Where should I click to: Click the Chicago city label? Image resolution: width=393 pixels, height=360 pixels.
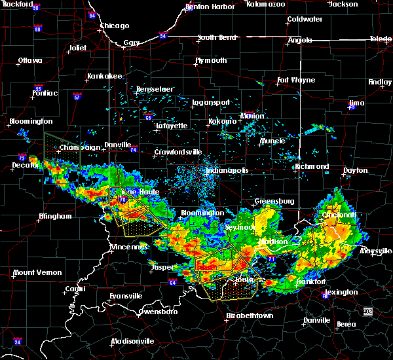click(114, 26)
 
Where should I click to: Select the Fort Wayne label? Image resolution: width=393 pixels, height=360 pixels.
click(291, 81)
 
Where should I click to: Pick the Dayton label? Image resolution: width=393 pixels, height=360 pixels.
click(356, 170)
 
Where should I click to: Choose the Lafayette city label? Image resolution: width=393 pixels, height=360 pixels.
click(171, 126)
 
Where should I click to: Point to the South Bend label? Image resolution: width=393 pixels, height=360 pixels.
click(216, 37)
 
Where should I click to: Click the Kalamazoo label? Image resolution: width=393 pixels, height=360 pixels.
click(265, 4)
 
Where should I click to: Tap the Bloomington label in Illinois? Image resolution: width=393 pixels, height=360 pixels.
click(30, 122)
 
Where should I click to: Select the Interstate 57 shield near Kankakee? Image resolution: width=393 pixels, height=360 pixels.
click(78, 97)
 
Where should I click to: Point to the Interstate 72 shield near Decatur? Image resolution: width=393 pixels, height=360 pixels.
click(22, 158)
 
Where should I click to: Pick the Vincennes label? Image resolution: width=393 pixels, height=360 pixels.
click(130, 247)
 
